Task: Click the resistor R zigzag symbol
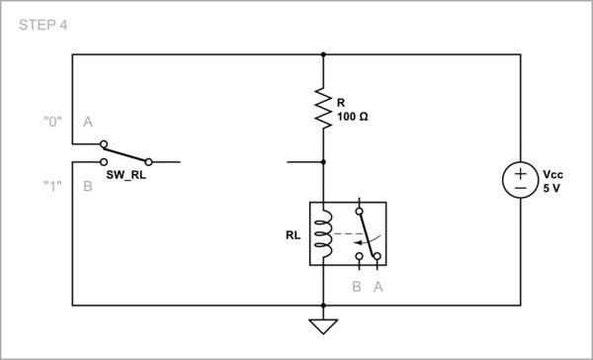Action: (323, 108)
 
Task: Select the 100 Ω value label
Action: (353, 116)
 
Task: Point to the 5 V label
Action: (551, 186)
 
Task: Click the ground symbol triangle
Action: (323, 325)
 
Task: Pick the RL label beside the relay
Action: (295, 235)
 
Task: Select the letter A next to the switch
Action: (87, 122)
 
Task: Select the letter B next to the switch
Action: (87, 185)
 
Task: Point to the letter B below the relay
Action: (357, 287)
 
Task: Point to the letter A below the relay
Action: (378, 287)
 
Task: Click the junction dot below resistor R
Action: (323, 160)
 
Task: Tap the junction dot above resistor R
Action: (323, 55)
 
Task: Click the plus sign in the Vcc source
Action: (521, 172)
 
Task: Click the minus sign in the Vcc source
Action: (521, 188)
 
